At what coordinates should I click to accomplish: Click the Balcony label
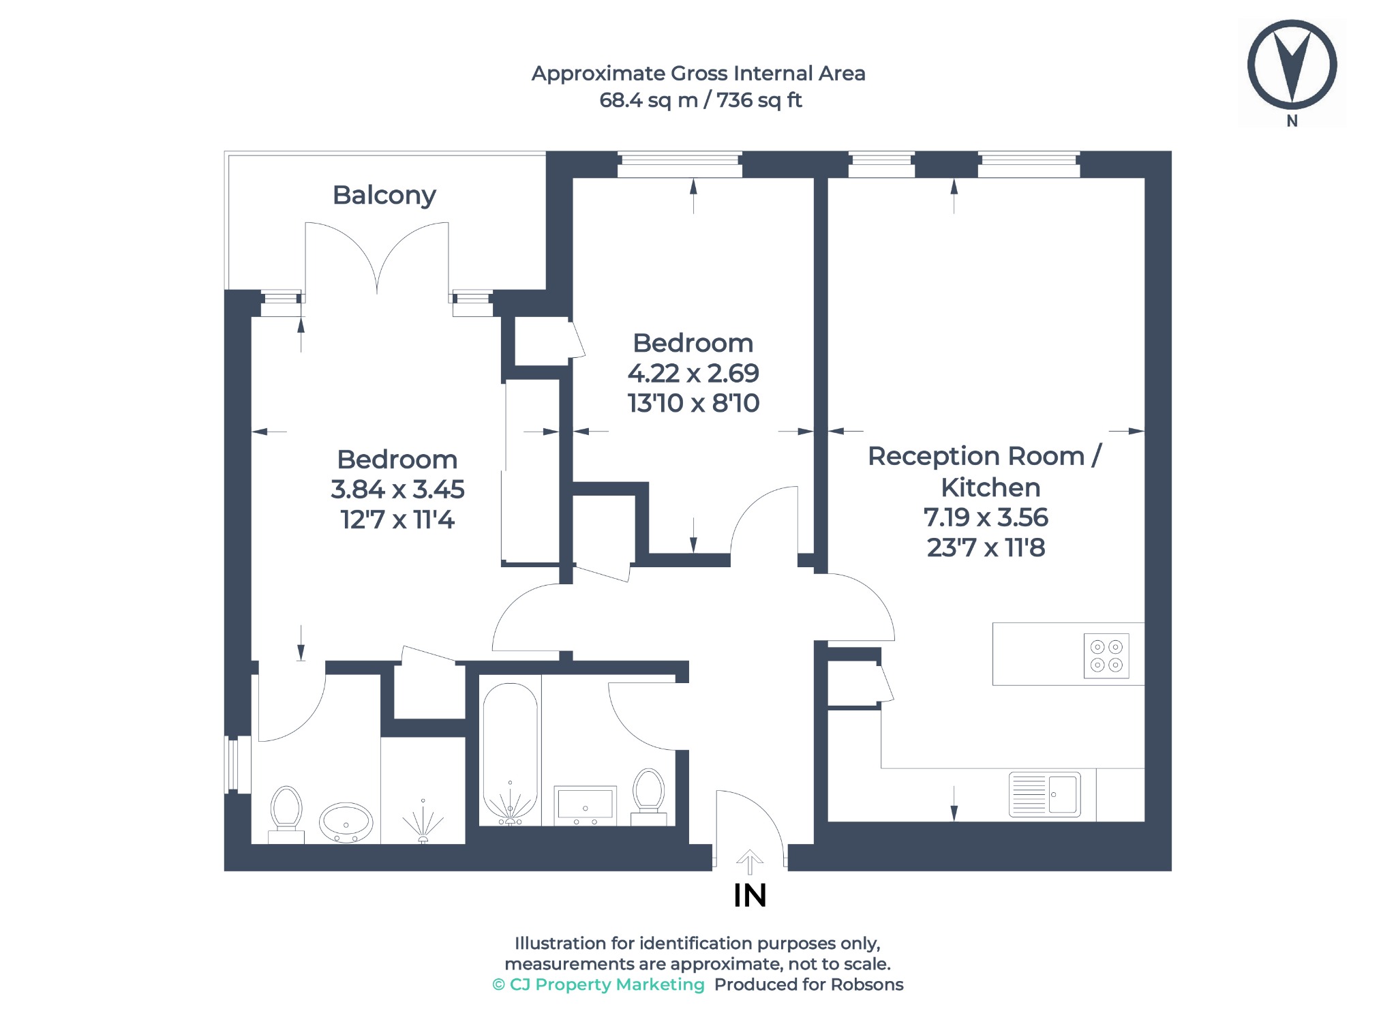click(384, 196)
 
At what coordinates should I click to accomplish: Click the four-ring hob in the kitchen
click(1106, 656)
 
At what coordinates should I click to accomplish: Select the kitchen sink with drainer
click(1044, 794)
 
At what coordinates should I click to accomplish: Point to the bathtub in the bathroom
click(510, 753)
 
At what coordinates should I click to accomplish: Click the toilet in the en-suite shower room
click(286, 815)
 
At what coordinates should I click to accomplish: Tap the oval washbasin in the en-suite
click(346, 823)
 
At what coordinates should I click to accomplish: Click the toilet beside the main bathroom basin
click(648, 796)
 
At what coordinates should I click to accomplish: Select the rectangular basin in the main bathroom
click(586, 805)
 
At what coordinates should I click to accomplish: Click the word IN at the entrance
click(750, 896)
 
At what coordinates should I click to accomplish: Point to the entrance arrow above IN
click(750, 862)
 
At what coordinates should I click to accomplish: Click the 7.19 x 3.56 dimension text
click(986, 517)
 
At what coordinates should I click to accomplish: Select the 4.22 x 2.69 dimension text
click(693, 374)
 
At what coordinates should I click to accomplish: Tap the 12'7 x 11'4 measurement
click(397, 520)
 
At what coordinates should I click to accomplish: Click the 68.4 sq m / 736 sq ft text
click(700, 100)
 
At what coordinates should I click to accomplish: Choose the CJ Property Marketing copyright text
click(598, 984)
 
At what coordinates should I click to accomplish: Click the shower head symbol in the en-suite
click(423, 822)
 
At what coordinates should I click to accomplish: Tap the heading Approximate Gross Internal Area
click(699, 74)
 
